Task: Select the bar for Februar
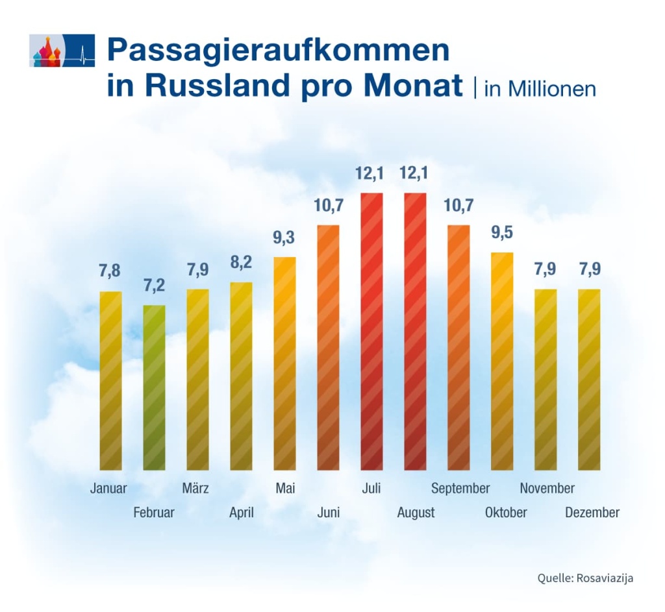[x=154, y=387]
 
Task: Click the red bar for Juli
[x=371, y=331]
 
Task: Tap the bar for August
[x=415, y=331]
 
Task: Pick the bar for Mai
[x=284, y=363]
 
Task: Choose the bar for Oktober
[x=502, y=361]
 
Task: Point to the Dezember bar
[x=589, y=379]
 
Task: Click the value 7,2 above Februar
[x=153, y=286]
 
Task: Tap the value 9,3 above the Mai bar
[x=284, y=238]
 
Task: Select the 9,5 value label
[x=501, y=233]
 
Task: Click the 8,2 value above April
[x=241, y=263]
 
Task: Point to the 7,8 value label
[x=110, y=272]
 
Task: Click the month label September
[x=460, y=489]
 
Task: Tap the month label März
[x=195, y=489]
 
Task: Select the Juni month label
[x=328, y=513]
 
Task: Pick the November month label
[x=547, y=489]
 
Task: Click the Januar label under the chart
[x=108, y=489]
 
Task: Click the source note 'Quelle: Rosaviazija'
[x=584, y=578]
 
